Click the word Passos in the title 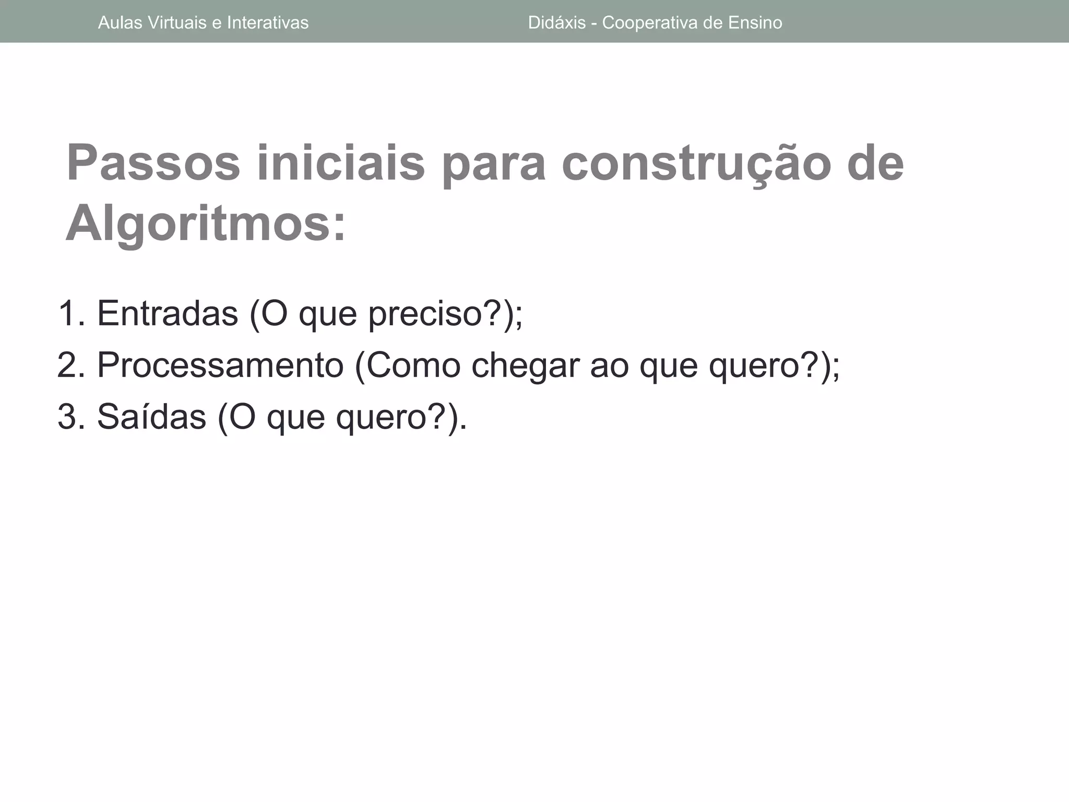[153, 163]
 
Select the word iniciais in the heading [341, 163]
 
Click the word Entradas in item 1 [167, 313]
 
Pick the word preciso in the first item [425, 314]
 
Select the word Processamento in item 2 [220, 365]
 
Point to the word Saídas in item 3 [151, 417]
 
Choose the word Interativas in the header [268, 23]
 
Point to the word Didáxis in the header [557, 23]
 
